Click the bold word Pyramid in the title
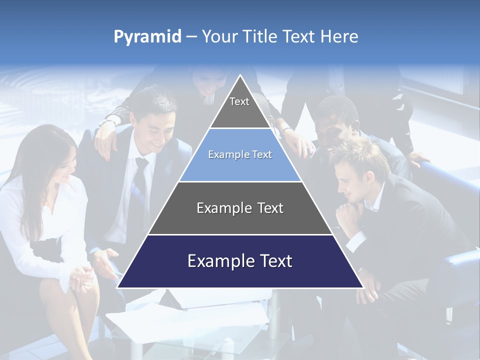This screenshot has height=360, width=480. tap(147, 37)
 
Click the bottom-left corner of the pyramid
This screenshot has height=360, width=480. tap(118, 287)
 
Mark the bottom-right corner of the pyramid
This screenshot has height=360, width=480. tap(362, 287)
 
